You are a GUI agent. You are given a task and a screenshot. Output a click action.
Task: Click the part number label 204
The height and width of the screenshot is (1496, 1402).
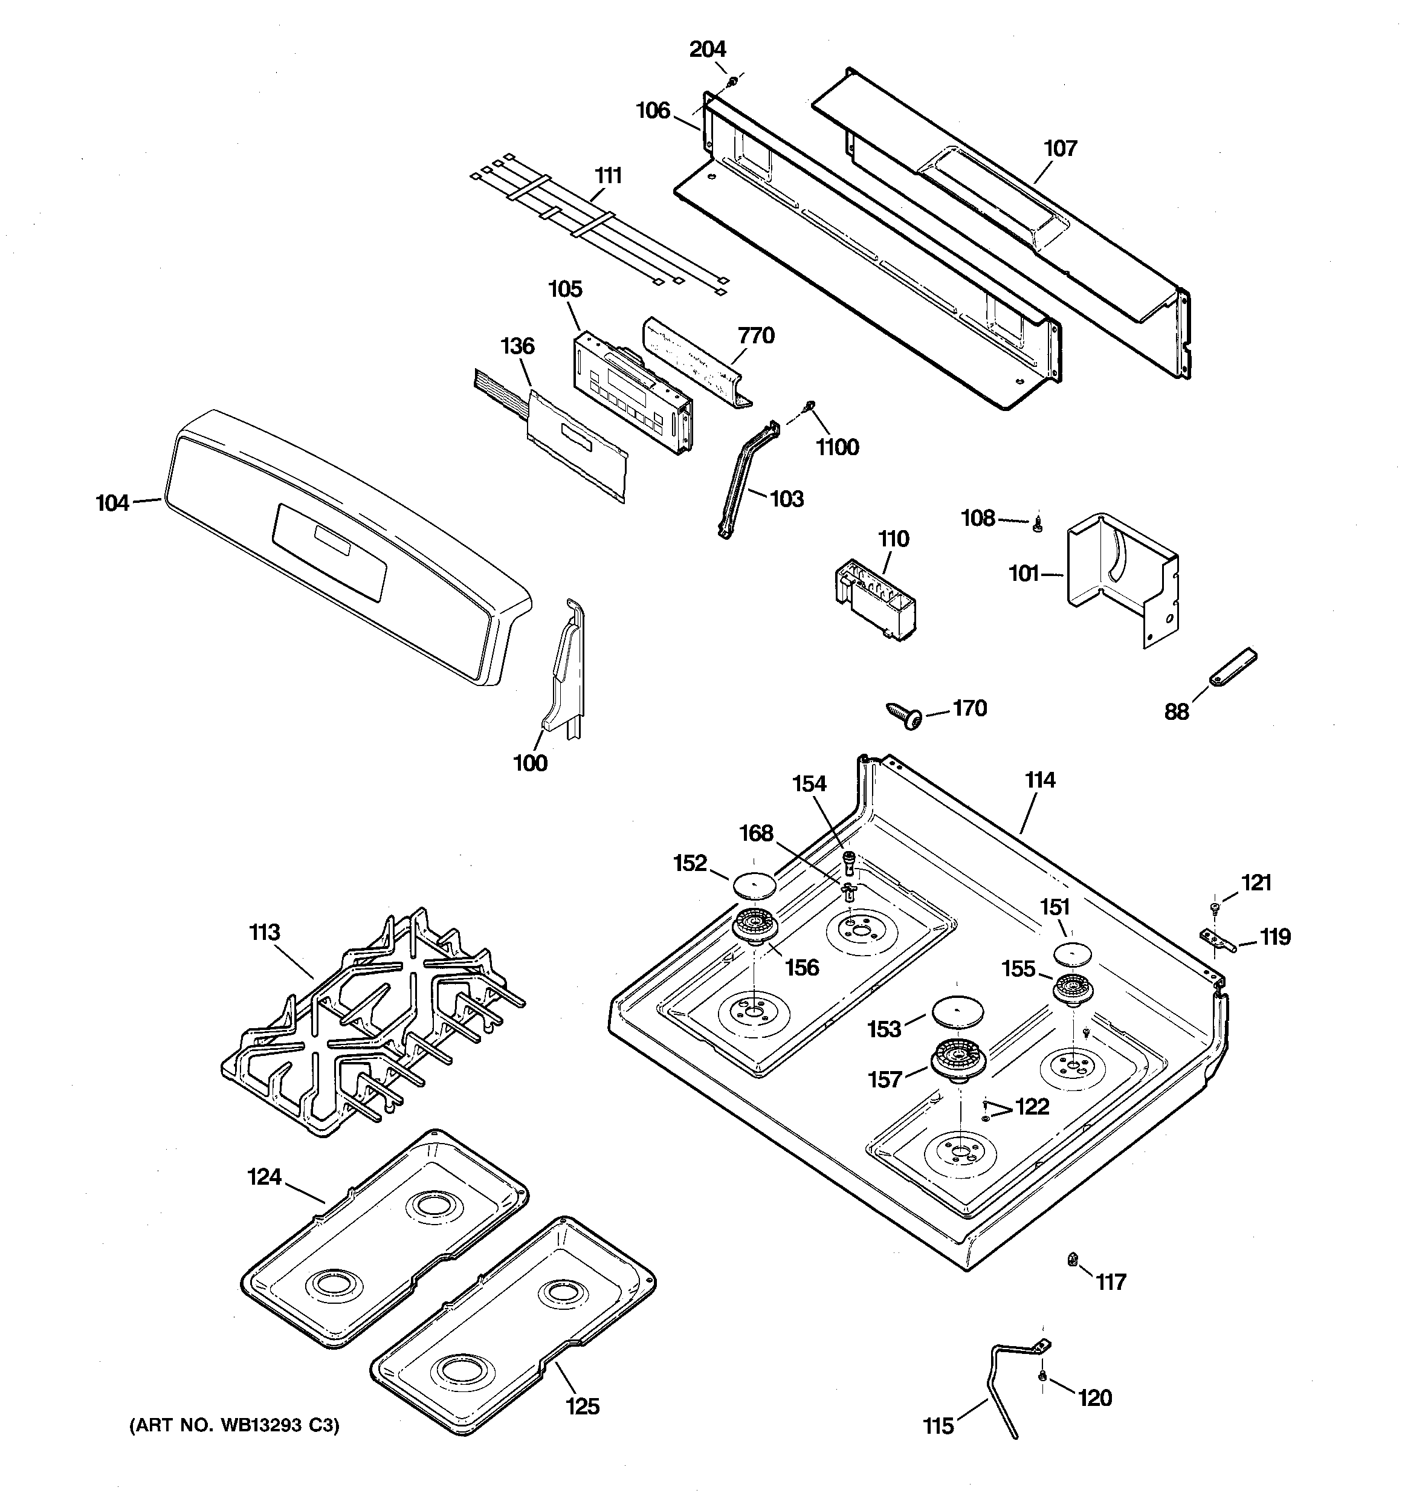tap(708, 50)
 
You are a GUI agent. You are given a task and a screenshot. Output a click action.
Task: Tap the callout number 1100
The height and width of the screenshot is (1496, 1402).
tap(837, 448)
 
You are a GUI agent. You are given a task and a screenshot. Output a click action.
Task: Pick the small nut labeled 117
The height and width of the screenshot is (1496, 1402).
tap(1071, 1260)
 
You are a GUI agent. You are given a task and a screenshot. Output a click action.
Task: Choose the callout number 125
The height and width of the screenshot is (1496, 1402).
tap(583, 1406)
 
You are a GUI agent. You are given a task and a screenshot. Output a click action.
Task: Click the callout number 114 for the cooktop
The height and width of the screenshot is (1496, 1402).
tap(1039, 780)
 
